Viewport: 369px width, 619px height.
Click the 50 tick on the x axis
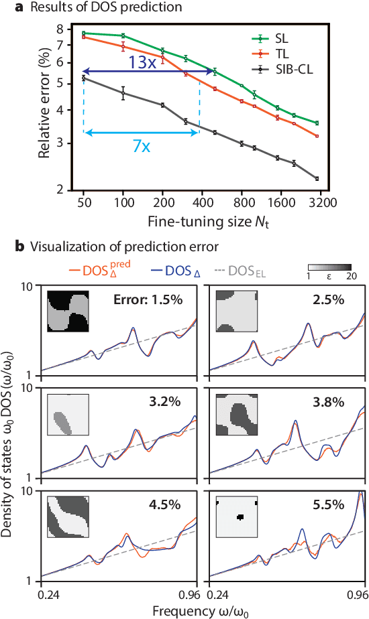[x=83, y=200]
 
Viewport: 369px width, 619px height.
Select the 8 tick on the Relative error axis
[x=60, y=29]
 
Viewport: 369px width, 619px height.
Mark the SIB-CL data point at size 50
[x=83, y=78]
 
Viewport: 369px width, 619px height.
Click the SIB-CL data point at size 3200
[x=317, y=178]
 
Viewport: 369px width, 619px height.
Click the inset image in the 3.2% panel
[x=68, y=415]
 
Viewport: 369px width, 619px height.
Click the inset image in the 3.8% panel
[x=238, y=415]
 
